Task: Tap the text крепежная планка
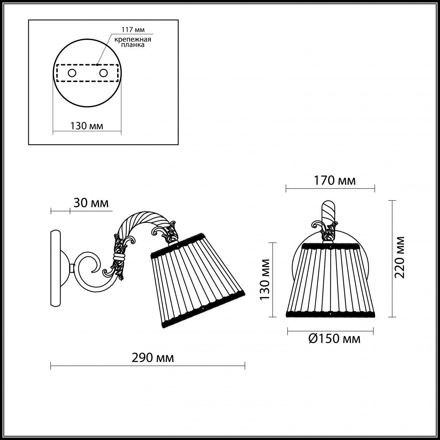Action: pyautogui.click(x=133, y=42)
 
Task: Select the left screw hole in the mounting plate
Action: pyautogui.click(x=72, y=73)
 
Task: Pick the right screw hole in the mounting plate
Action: pyautogui.click(x=103, y=73)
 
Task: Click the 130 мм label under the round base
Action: pyautogui.click(x=87, y=126)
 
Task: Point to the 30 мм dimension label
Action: pyautogui.click(x=91, y=203)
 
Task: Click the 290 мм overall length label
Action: pyautogui.click(x=153, y=358)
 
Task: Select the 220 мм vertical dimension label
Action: pyautogui.click(x=399, y=257)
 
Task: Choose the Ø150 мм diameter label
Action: pyautogui.click(x=334, y=339)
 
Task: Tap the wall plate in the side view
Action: pyautogui.click(x=55, y=268)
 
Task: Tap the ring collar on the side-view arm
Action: pyautogui.click(x=119, y=257)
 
